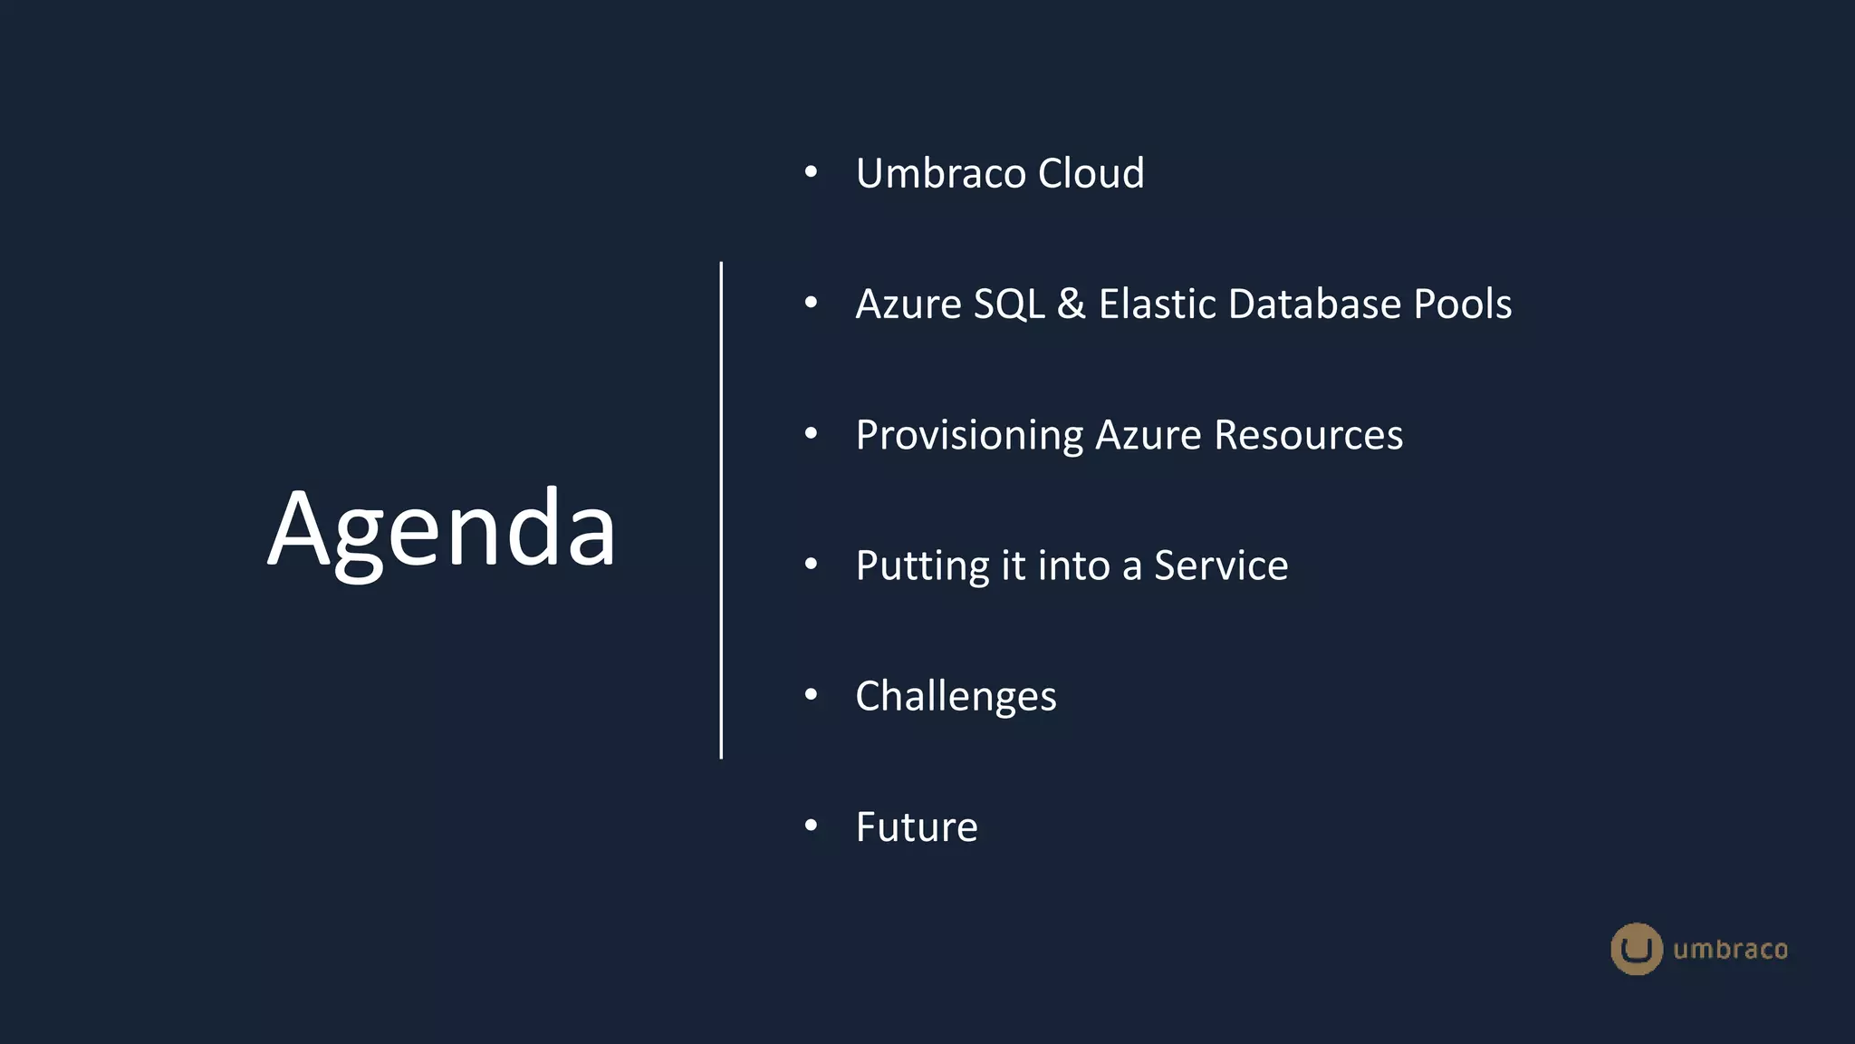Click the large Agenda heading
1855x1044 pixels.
(442, 528)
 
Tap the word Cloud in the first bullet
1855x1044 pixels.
(1091, 173)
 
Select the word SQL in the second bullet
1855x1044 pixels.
(1009, 304)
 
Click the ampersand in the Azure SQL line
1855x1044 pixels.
(1072, 304)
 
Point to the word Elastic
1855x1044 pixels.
(1157, 304)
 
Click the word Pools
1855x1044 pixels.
(1463, 304)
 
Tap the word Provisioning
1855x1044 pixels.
(969, 436)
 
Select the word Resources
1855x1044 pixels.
(1308, 435)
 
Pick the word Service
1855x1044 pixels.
(1220, 565)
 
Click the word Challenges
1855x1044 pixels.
(956, 697)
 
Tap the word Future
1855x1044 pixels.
(917, 827)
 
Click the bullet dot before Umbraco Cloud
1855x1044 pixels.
(811, 172)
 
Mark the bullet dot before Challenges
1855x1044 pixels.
(811, 695)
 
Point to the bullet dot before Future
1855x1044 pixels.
(811, 826)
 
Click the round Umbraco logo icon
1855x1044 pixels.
(1636, 949)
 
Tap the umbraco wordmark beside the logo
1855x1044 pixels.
(1730, 950)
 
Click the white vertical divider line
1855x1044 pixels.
(721, 510)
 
